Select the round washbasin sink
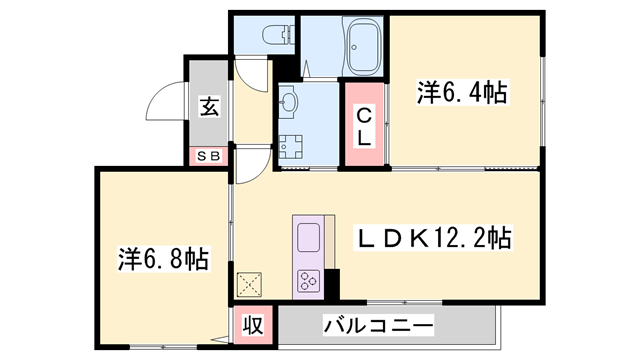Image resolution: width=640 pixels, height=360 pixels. coord(289,101)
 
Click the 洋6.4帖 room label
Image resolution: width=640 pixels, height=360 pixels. coord(461,94)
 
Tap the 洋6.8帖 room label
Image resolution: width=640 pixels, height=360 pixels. coord(159,260)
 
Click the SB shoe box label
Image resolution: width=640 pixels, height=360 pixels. coord(209,156)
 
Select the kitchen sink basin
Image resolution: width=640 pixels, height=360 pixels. coord(307,239)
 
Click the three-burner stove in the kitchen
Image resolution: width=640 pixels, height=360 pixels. coord(307,281)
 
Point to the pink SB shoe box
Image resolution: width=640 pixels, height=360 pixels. coord(209,156)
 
